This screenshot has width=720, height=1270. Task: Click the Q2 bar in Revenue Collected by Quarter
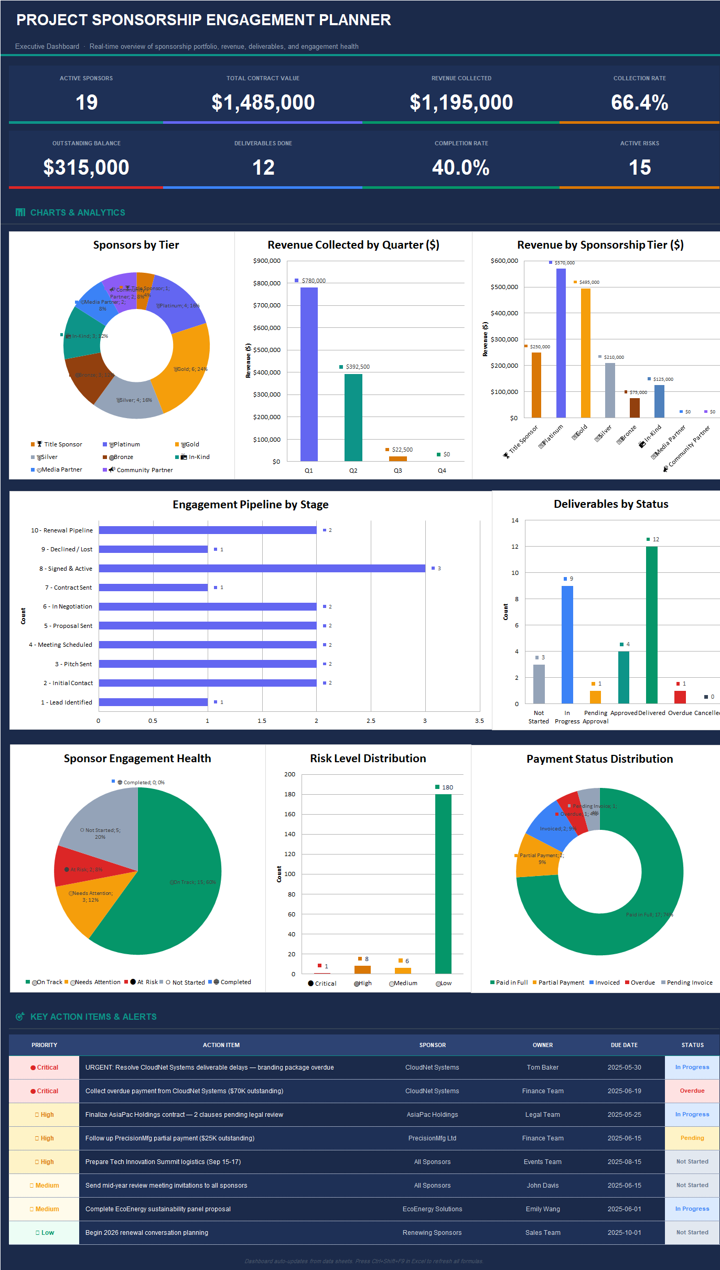[353, 417]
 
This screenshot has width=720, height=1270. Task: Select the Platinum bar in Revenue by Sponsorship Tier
[561, 343]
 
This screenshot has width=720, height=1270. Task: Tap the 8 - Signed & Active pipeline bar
[262, 568]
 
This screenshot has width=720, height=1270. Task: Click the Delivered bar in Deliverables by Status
[651, 624]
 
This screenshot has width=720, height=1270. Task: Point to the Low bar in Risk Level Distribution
[443, 883]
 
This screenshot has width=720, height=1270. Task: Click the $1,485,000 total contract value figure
[263, 102]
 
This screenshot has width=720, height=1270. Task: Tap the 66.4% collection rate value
[639, 102]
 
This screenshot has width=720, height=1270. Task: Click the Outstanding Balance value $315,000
[86, 167]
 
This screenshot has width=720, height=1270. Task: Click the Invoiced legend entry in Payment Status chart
[607, 983]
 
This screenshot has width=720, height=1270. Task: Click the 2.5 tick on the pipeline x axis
[371, 721]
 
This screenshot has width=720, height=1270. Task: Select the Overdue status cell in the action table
[692, 1091]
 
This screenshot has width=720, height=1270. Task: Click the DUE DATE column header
[624, 1045]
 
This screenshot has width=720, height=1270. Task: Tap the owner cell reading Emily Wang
[543, 1209]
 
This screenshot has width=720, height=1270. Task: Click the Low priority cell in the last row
[45, 1232]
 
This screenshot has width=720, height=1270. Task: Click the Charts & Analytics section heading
[78, 212]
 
